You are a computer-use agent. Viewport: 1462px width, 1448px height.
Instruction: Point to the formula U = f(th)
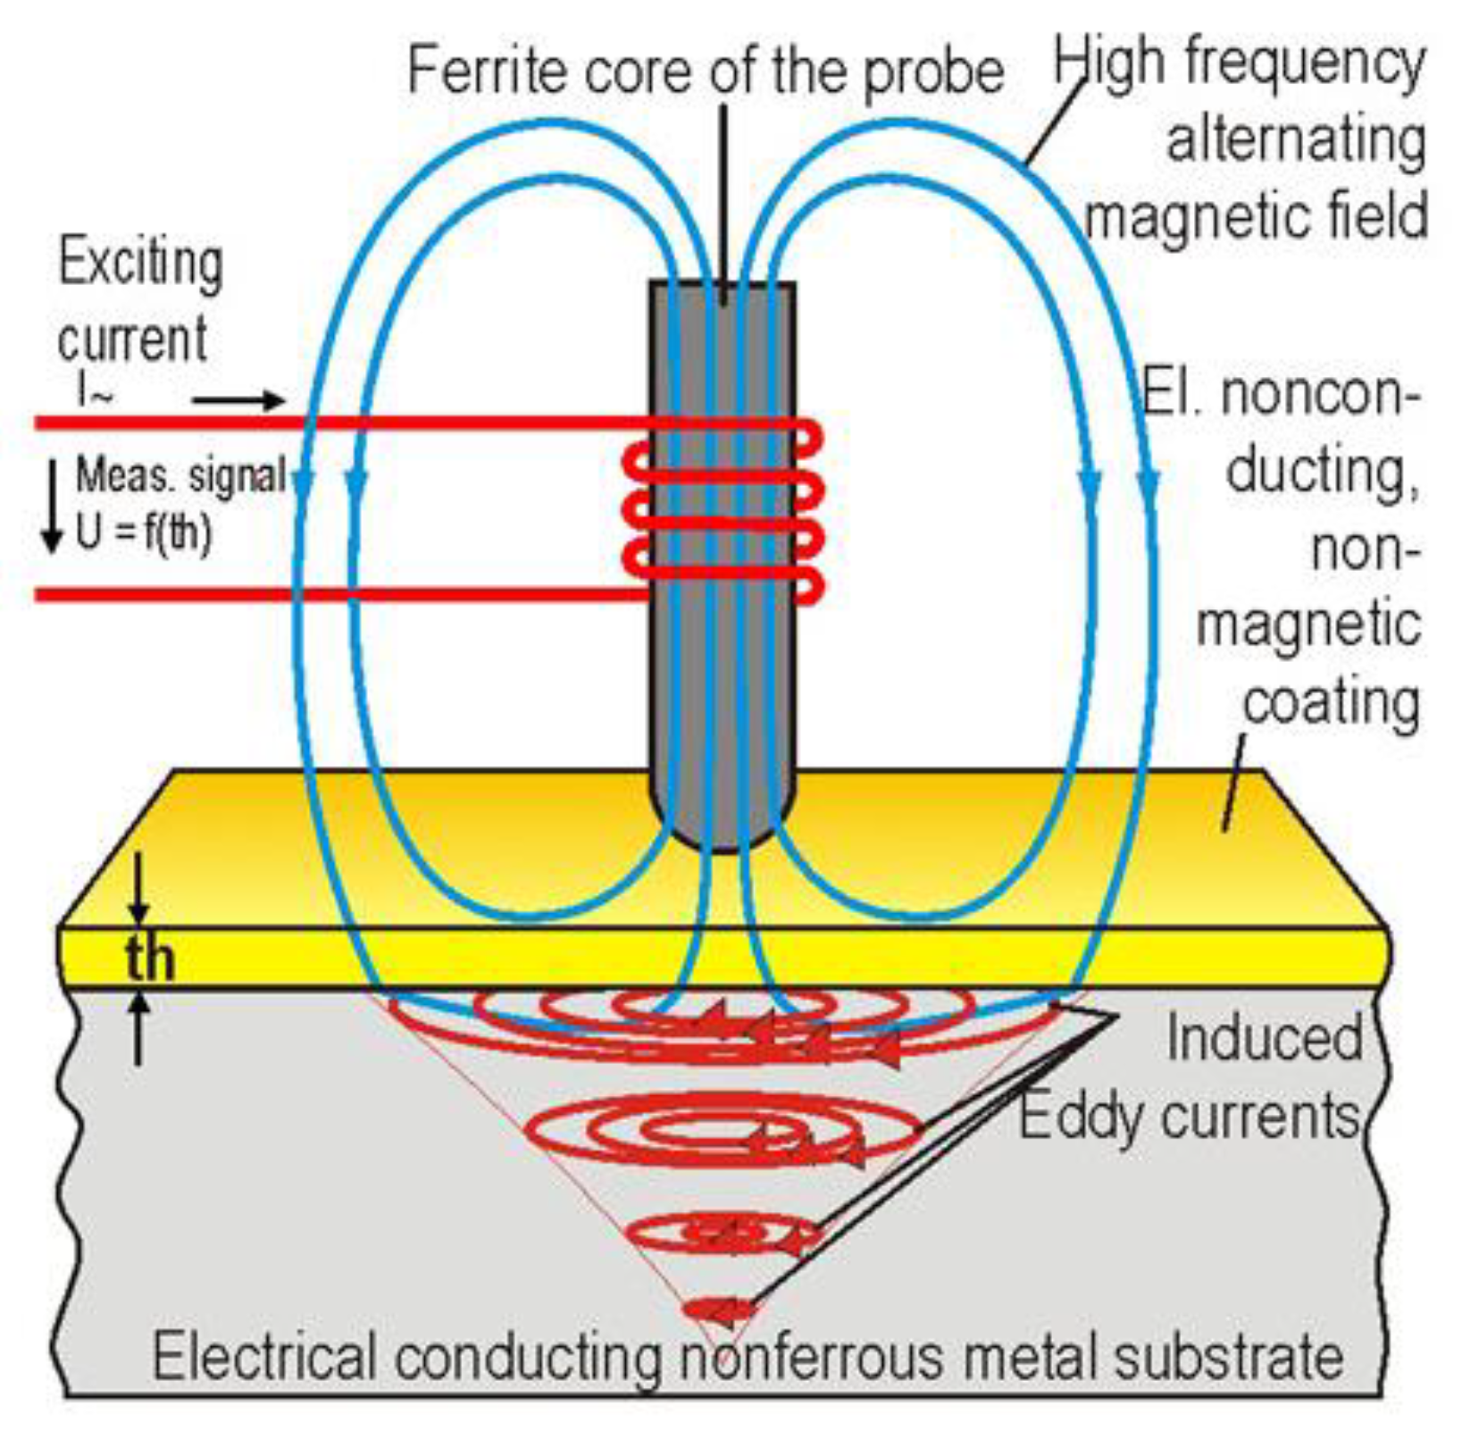point(143,533)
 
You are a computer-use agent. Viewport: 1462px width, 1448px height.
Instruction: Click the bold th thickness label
point(149,958)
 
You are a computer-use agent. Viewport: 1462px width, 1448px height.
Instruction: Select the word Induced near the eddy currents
point(1264,1038)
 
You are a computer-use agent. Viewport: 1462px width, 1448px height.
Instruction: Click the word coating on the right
point(1331,703)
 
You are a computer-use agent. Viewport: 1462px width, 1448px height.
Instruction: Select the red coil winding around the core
point(723,509)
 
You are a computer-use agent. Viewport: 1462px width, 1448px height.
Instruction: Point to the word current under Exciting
point(132,339)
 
